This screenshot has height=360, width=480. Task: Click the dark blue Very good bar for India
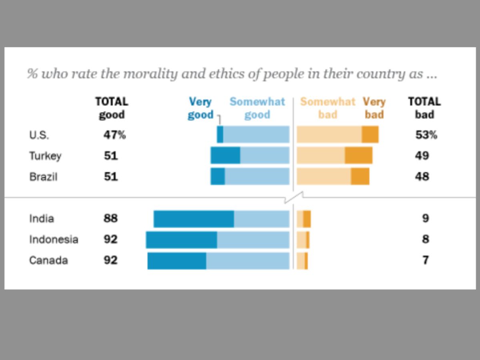point(194,219)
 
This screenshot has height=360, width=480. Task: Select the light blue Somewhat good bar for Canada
point(248,260)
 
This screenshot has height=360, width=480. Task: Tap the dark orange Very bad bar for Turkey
point(358,155)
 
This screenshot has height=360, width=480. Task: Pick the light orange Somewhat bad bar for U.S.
point(329,134)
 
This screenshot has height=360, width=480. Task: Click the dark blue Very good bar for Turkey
point(225,155)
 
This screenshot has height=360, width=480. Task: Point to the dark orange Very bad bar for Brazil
point(360,176)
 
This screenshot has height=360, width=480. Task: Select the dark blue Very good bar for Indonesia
point(181,240)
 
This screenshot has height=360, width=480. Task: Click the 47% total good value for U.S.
point(114,135)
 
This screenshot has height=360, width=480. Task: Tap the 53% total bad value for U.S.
point(426,135)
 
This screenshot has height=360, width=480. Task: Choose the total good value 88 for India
point(111,218)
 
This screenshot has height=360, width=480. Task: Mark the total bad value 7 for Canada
point(426,260)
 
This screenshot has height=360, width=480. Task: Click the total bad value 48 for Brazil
point(422,176)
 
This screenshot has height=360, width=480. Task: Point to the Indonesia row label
point(54,240)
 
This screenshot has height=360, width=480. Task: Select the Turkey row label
point(45,156)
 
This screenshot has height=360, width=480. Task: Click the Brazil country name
point(43,176)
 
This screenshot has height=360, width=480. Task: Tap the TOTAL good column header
point(112,108)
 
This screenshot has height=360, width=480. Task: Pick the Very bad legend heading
point(374,108)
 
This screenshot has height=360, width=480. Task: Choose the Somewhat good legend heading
point(257,108)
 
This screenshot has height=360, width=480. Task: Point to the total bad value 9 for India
point(426,218)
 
